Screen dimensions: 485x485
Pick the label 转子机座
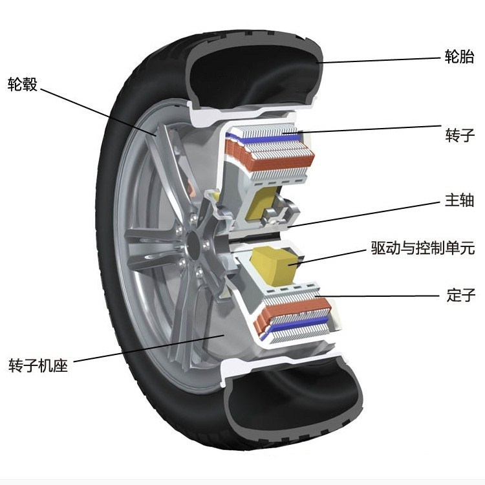coord(38,365)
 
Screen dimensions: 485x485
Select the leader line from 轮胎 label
coord(382,59)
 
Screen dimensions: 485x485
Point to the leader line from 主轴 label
coord(362,213)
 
